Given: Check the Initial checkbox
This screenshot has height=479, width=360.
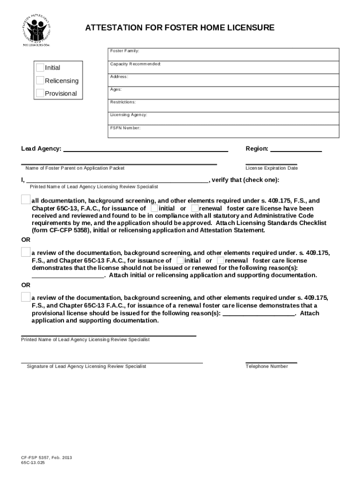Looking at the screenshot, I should coord(41,68).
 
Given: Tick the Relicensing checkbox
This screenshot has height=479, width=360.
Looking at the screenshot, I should coord(41,80).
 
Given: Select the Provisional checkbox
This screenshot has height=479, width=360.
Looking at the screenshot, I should coord(41,93).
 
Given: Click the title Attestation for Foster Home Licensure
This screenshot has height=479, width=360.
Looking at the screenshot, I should coord(180,28).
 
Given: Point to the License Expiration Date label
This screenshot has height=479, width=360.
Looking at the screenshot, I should coord(272,168).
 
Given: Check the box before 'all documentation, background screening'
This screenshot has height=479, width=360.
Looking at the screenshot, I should coord(25,200).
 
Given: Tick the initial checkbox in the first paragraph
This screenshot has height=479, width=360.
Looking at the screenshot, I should coord(154,208).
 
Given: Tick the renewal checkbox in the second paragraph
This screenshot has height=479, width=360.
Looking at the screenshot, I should coord(220,260).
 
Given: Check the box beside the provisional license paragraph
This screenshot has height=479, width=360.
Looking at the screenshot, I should coord(25,297).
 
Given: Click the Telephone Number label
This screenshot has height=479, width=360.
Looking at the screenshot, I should coord(266,366).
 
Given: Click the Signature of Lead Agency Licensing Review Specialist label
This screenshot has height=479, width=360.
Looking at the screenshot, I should coord(86,366).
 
